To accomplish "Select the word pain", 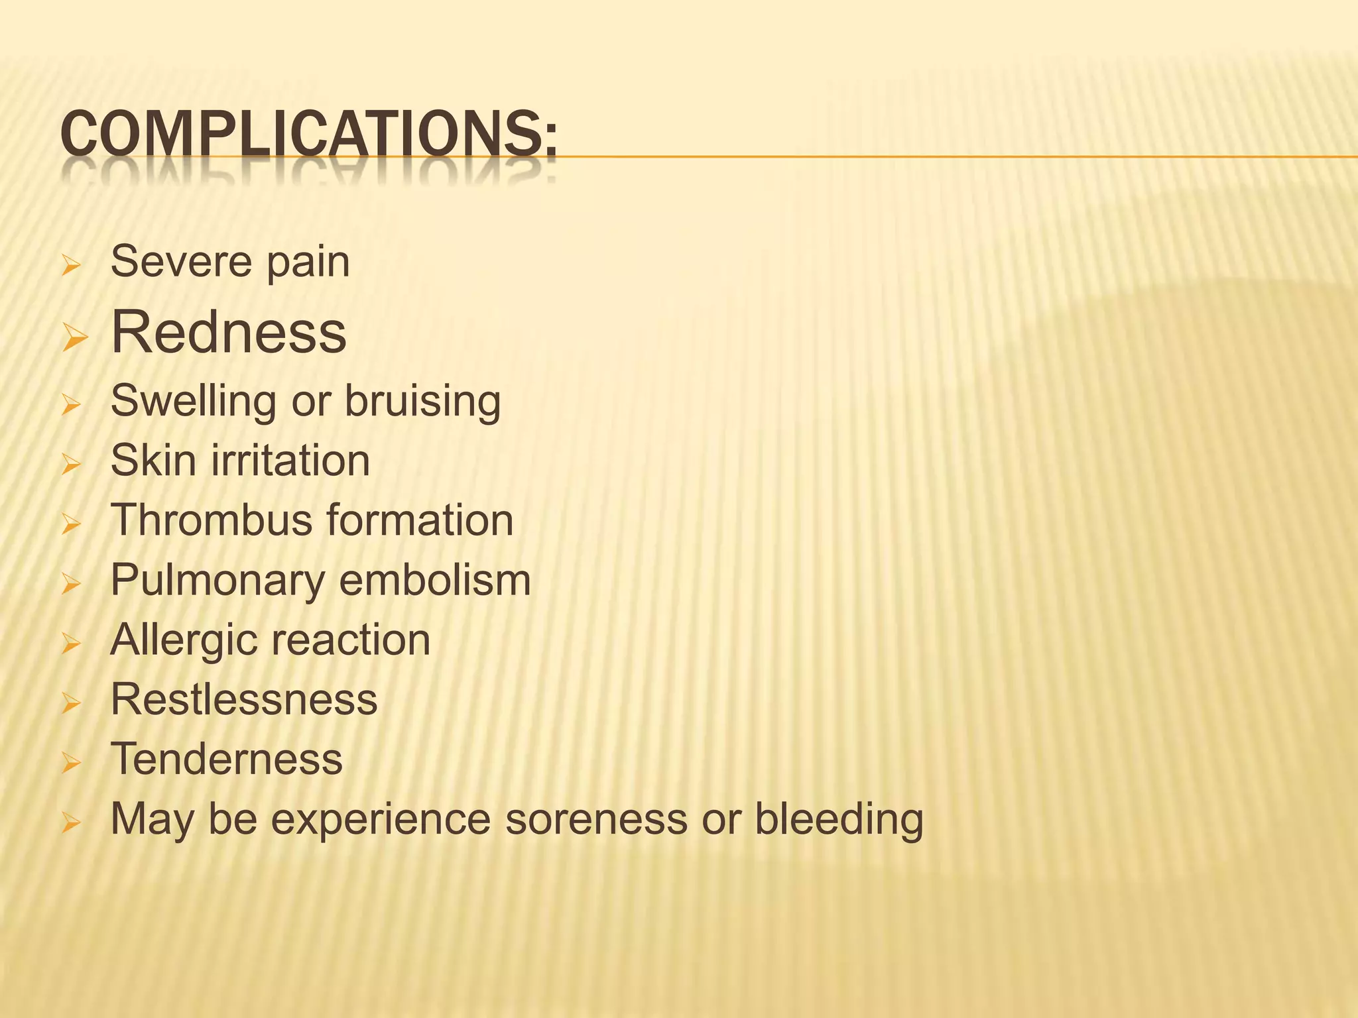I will point(308,264).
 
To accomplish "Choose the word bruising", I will point(422,402).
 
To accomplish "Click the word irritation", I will point(290,461).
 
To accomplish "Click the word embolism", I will point(435,581).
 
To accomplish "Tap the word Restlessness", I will point(244,700).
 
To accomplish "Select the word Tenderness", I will point(227,760).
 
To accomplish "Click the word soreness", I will point(596,820).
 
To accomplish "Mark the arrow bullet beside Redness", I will point(74,339).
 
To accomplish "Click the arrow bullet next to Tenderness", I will point(71,764).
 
